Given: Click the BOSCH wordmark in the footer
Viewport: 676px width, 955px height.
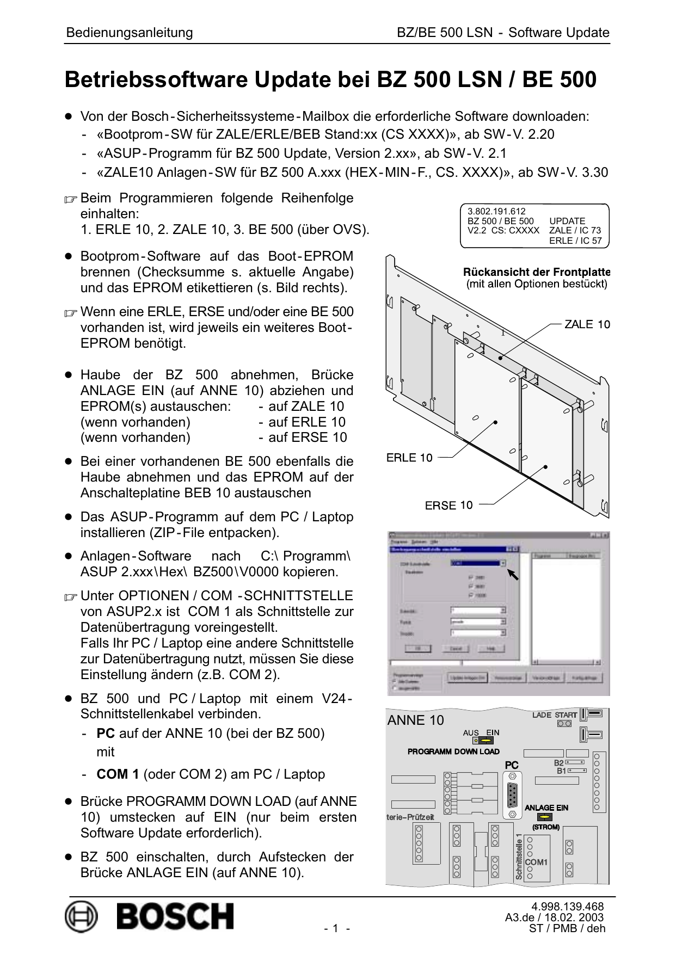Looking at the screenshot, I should (175, 916).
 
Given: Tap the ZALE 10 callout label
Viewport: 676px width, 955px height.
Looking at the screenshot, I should (587, 324).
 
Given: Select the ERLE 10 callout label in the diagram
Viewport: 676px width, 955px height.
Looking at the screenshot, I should (409, 458).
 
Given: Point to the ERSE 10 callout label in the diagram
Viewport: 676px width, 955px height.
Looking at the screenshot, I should (449, 505).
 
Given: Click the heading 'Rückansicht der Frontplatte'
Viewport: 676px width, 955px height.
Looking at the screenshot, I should (536, 272).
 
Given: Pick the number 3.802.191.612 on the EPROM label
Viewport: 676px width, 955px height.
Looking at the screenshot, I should (496, 212).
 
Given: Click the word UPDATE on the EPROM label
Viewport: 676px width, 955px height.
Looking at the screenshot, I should (567, 221).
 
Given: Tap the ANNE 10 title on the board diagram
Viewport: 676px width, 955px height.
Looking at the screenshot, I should (415, 720).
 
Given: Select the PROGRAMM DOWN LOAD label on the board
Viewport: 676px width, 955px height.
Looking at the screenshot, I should (453, 751).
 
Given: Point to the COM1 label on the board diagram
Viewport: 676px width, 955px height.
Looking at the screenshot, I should (536, 862).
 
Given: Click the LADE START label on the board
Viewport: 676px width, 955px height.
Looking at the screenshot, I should (554, 714).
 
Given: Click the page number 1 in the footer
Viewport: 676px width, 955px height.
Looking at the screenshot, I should (336, 929).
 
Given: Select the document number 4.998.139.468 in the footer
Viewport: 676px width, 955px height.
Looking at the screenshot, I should (567, 907).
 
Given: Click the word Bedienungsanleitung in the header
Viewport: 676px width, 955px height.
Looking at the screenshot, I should (130, 33).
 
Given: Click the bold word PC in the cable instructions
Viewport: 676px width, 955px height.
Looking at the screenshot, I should (106, 734).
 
